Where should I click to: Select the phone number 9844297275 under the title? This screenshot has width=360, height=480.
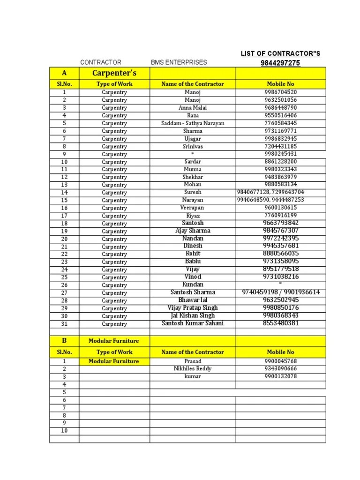click(x=280, y=63)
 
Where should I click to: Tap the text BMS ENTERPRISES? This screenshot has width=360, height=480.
click(x=179, y=62)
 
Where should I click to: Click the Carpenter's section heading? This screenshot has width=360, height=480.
click(x=114, y=73)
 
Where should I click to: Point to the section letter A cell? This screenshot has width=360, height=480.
click(x=64, y=73)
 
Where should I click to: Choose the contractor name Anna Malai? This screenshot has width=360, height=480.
click(x=193, y=107)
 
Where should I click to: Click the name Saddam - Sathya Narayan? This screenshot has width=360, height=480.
click(x=193, y=123)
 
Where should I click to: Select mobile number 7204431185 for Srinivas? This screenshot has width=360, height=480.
click(x=280, y=146)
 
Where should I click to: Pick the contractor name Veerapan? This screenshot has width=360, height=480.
click(x=193, y=208)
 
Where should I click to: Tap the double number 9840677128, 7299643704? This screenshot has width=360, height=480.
click(x=270, y=192)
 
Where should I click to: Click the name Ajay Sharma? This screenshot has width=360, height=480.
click(x=193, y=231)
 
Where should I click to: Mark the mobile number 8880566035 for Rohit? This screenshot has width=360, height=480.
click(x=280, y=254)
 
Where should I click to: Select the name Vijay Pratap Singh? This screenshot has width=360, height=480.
click(x=193, y=308)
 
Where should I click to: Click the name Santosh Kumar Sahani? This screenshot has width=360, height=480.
click(x=193, y=323)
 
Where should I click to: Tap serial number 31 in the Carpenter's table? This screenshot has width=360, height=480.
click(x=64, y=324)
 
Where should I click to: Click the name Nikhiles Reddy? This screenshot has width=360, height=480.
click(x=193, y=369)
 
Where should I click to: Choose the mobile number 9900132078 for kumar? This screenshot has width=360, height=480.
click(x=280, y=376)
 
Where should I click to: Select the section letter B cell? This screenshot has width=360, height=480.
click(x=64, y=341)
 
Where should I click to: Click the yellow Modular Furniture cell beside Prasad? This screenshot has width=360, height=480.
click(x=114, y=361)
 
